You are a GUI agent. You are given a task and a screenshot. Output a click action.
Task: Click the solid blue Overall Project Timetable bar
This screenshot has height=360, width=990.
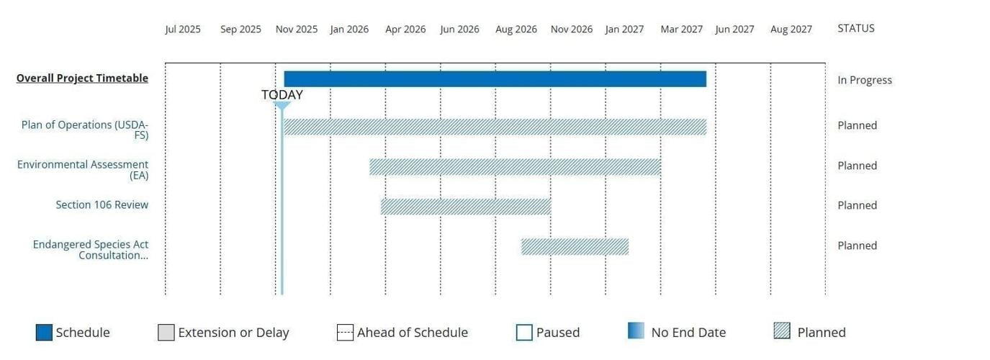(x=495, y=79)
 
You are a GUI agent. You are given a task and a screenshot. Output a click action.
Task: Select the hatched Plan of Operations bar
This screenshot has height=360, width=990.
(x=495, y=127)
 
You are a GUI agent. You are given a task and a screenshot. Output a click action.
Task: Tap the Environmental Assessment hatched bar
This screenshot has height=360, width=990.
(x=515, y=167)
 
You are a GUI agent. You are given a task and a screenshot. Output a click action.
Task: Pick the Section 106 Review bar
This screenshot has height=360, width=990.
(x=465, y=207)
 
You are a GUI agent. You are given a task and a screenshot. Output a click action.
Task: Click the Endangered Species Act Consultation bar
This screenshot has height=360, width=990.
(x=575, y=247)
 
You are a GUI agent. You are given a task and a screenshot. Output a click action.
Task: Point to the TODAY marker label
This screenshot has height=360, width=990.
(x=282, y=95)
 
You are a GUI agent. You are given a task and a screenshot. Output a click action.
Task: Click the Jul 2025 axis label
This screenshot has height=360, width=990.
(x=183, y=30)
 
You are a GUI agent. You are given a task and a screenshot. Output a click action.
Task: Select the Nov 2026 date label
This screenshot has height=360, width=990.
(x=571, y=30)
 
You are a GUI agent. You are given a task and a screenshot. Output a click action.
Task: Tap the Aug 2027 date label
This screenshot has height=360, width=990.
(x=791, y=30)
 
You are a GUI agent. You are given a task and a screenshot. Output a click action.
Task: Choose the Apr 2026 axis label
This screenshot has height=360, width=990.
(x=405, y=30)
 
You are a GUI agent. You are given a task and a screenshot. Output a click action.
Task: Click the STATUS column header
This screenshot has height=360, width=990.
(x=855, y=29)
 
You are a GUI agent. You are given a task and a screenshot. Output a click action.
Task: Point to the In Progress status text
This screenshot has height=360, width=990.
(x=864, y=80)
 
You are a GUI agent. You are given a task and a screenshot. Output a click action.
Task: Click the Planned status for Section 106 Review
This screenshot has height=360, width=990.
(x=857, y=205)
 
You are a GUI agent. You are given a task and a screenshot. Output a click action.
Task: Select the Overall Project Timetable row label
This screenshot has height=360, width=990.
(x=82, y=78)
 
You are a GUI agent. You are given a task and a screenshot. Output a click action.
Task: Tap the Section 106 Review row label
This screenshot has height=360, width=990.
(x=102, y=205)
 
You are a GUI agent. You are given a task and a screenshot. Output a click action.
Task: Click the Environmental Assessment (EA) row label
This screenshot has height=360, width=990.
(x=83, y=170)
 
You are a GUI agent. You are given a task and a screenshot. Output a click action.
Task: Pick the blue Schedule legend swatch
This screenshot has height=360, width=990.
(x=44, y=333)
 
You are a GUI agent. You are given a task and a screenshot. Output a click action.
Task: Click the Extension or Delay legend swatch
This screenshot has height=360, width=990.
(x=166, y=333)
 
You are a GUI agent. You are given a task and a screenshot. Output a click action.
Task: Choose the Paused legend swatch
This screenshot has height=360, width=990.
(x=524, y=333)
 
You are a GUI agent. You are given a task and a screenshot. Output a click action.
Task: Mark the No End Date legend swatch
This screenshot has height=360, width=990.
(x=636, y=331)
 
